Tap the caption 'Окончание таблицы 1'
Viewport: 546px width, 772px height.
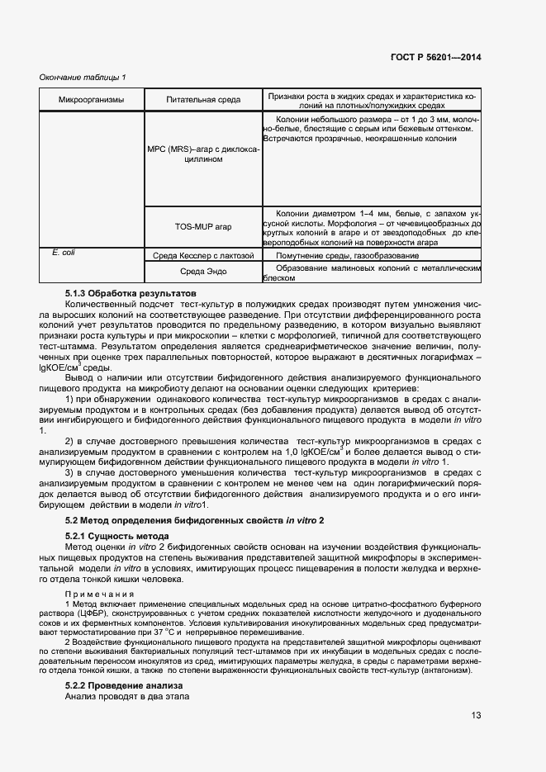83,78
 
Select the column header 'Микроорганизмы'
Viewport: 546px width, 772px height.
91,100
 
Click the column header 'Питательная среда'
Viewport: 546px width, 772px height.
203,100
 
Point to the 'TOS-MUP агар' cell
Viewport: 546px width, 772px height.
203,225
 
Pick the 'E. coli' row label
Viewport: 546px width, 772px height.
63,253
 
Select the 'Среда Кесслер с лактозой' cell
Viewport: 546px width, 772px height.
203,256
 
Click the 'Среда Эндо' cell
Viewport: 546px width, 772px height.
203,272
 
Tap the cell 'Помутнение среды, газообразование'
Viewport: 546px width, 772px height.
348,256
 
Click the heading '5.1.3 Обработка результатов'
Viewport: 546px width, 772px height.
131,293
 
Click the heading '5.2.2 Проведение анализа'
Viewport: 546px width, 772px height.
123,686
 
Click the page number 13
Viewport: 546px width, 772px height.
477,716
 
